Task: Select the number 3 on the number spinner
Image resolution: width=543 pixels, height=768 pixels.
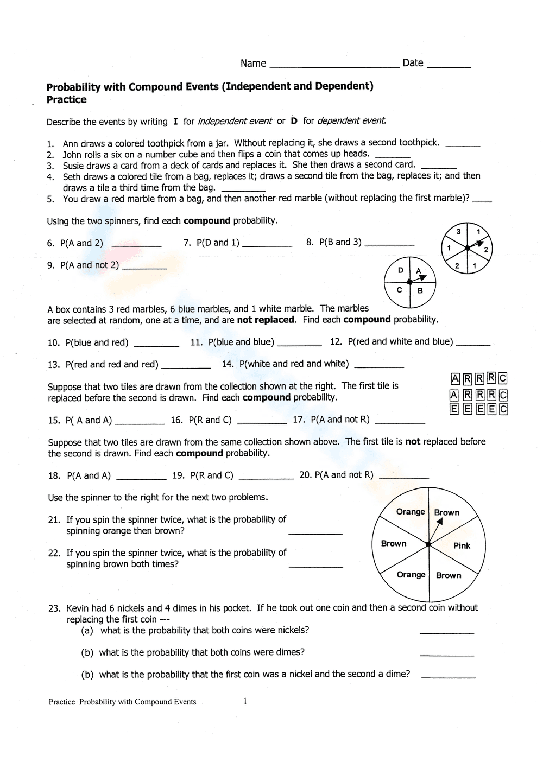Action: tap(458, 232)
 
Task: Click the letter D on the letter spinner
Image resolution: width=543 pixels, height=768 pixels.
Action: tap(401, 270)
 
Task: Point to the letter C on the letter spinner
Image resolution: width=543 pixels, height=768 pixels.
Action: tap(399, 290)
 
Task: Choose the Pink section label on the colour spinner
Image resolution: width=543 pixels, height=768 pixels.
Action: tap(462, 545)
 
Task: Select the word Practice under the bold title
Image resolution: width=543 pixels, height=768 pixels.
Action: tap(66, 100)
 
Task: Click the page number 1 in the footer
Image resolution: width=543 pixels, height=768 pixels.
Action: tap(245, 701)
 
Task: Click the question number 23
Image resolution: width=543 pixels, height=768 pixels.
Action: tap(54, 608)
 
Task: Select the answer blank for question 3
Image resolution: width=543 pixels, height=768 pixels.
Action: tap(439, 167)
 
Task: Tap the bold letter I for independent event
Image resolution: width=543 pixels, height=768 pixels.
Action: tap(175, 122)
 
